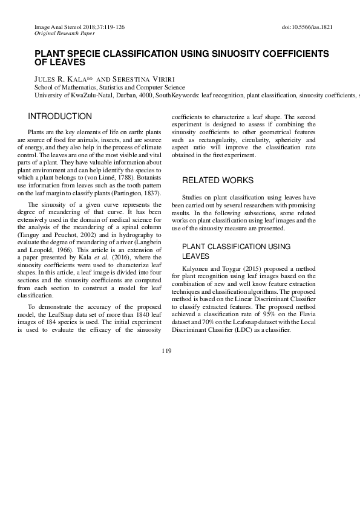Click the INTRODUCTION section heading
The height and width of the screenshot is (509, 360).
[x=61, y=116]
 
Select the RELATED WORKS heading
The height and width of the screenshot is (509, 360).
[x=218, y=180]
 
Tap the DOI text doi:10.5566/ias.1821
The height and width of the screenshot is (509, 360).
[x=307, y=28]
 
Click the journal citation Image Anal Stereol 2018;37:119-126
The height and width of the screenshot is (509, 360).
[x=80, y=28]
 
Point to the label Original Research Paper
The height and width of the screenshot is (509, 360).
[x=61, y=34]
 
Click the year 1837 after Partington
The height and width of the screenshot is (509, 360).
[x=151, y=163]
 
